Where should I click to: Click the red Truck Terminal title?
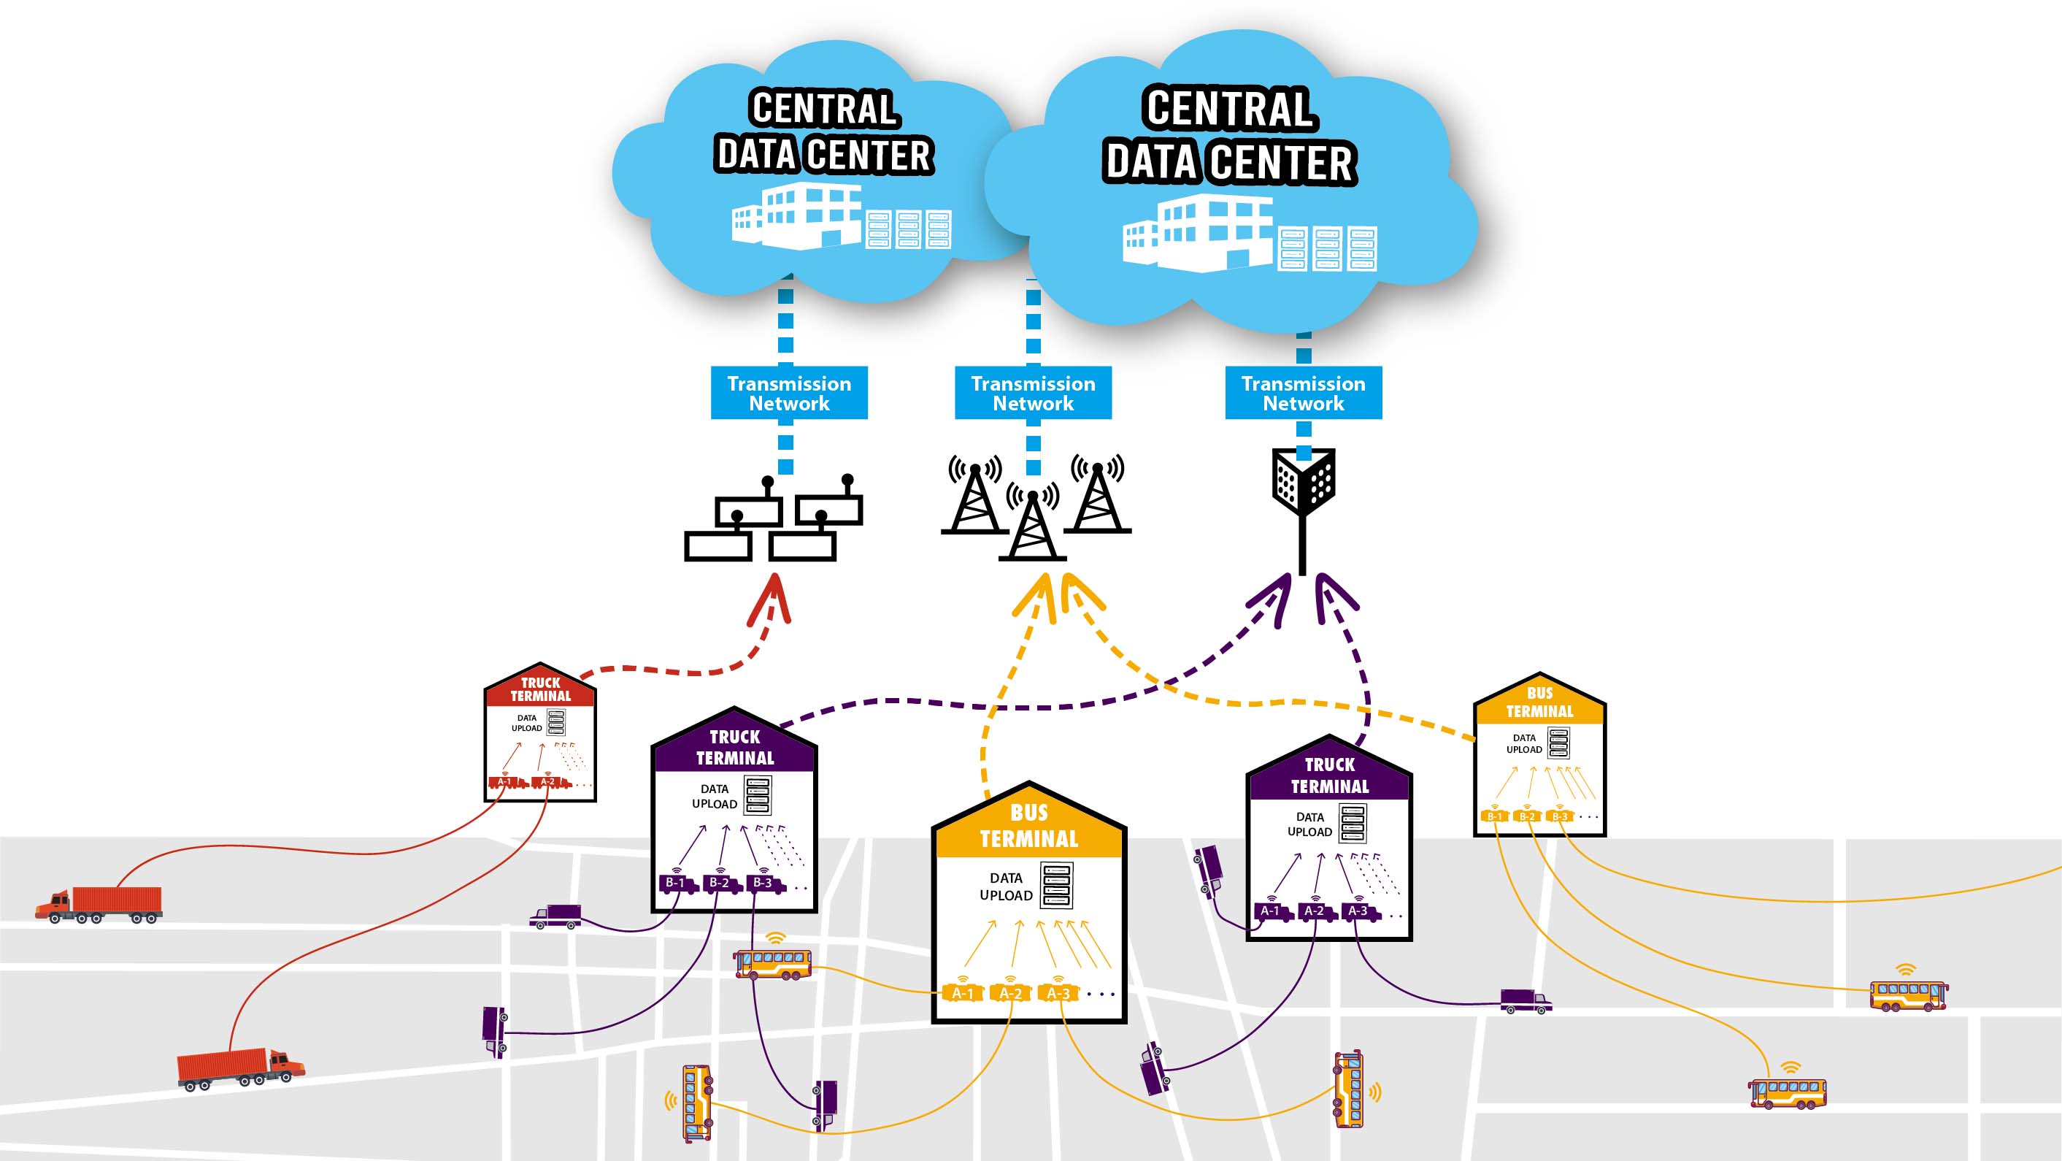coord(541,689)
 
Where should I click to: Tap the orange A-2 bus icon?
coord(1010,993)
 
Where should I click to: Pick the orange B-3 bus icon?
coord(1560,816)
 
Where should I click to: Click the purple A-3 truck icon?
coord(1359,911)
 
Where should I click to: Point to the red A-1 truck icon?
coord(505,781)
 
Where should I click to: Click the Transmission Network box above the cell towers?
coord(1033,393)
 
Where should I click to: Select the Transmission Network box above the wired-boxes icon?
coord(788,393)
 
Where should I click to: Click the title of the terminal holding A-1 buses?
coord(1028,827)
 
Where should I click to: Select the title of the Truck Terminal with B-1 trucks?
coord(735,747)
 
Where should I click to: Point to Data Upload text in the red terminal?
coord(527,723)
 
